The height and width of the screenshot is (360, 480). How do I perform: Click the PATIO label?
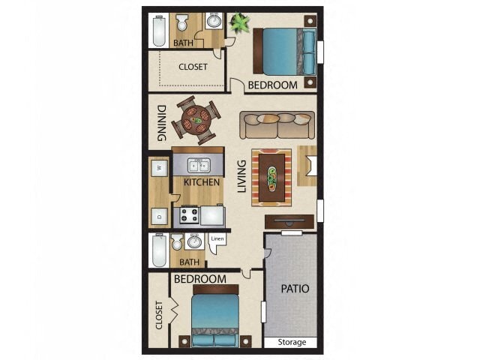click(x=295, y=288)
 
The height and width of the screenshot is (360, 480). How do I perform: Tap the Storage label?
click(x=292, y=342)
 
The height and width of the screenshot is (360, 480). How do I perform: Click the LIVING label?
click(x=241, y=176)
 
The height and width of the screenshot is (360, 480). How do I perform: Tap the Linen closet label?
click(x=217, y=239)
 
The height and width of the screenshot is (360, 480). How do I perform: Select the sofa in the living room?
click(x=277, y=124)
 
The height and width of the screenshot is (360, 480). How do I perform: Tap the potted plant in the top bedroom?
click(x=240, y=23)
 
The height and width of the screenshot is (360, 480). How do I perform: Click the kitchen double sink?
click(x=196, y=166)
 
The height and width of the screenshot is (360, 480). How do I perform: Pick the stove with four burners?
click(x=187, y=216)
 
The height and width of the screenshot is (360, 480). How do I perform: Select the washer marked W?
click(x=159, y=167)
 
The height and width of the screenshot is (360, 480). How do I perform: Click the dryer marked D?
click(x=159, y=216)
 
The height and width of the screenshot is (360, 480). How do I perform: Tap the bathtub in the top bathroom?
click(x=158, y=29)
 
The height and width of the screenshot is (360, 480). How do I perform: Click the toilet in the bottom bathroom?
click(x=177, y=243)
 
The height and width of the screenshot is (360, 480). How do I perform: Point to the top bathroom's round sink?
click(x=214, y=21)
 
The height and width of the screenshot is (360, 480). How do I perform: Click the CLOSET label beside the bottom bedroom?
click(x=158, y=314)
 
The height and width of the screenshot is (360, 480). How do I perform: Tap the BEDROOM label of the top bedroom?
click(x=272, y=85)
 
